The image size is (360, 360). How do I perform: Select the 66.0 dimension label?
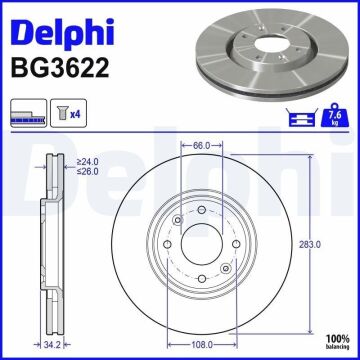[201, 145]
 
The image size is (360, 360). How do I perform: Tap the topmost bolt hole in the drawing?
[201, 209]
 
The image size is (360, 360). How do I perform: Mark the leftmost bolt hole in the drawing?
[175, 223]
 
